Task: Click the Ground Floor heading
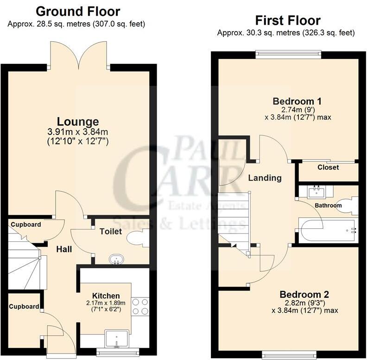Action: (x=78, y=11)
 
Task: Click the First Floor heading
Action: (x=288, y=20)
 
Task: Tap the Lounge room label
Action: (x=82, y=121)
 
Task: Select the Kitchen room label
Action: (x=106, y=296)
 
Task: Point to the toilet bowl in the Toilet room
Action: (x=137, y=238)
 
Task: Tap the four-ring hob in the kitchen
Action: (x=140, y=306)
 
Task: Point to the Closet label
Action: (x=328, y=167)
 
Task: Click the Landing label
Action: (x=265, y=178)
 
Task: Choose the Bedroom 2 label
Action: (x=304, y=294)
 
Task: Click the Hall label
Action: (x=64, y=249)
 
